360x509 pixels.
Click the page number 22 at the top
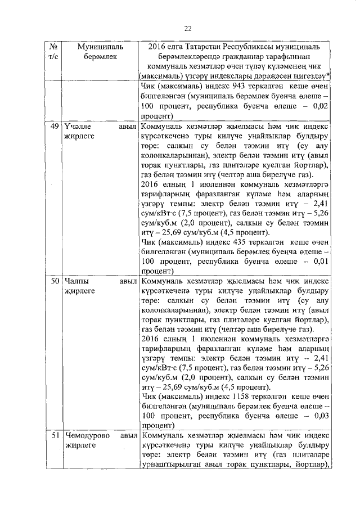pos(188,29)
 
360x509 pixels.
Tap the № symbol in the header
pos(54,47)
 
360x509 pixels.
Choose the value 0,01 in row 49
pos(321,260)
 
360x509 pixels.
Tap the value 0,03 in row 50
pos(321,415)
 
